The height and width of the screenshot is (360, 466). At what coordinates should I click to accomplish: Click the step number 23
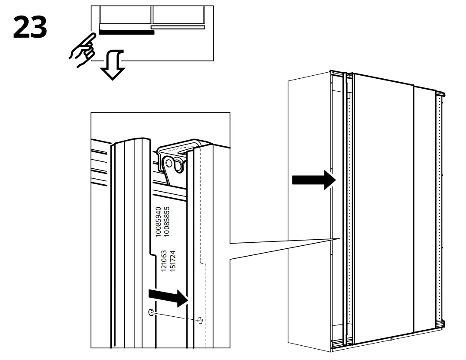click(29, 27)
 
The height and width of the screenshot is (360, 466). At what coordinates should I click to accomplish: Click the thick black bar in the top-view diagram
click(126, 32)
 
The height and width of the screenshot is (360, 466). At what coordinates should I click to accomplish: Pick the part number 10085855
click(166, 221)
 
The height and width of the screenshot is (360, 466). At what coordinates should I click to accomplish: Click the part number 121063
click(164, 260)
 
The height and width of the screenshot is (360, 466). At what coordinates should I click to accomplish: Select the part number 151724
click(172, 260)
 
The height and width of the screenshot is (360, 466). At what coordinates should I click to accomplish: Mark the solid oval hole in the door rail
click(151, 312)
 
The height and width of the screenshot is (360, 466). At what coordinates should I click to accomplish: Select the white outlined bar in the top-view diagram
click(178, 27)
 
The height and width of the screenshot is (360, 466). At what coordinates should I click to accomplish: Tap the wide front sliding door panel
click(383, 208)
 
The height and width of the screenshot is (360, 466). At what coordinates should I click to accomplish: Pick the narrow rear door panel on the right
click(424, 212)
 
